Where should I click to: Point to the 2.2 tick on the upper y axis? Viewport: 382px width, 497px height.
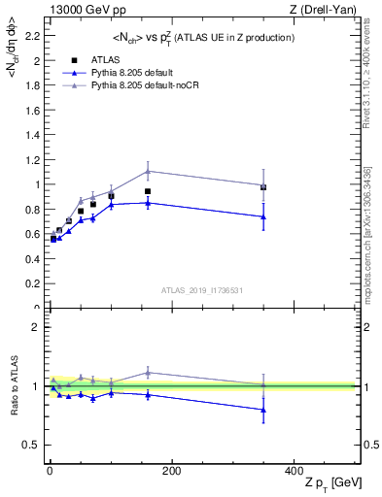coord(34,35)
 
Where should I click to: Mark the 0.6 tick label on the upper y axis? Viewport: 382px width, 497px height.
coord(34,234)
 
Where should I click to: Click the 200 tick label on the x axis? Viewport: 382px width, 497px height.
coord(171,471)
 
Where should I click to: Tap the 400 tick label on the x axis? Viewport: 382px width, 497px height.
coord(293,471)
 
